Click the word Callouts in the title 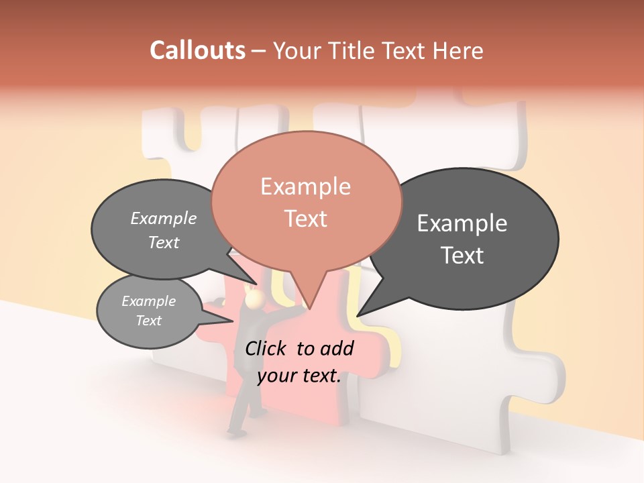pyautogui.click(x=197, y=50)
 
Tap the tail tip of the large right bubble pyautogui.click(x=358, y=315)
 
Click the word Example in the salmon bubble pyautogui.click(x=305, y=186)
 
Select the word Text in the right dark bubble pyautogui.click(x=463, y=255)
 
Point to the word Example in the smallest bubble pyautogui.click(x=148, y=301)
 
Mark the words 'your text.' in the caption pyautogui.click(x=299, y=376)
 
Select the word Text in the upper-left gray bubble pyautogui.click(x=163, y=243)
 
